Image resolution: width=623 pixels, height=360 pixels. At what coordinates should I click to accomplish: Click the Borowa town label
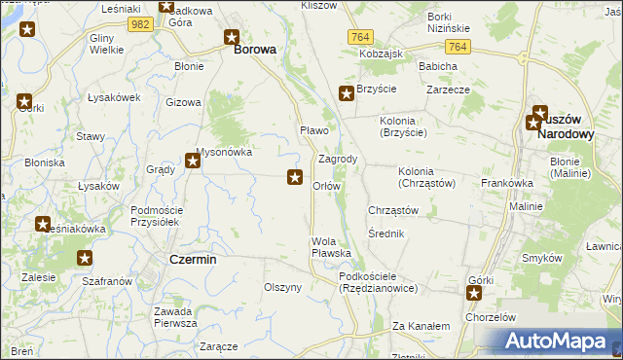[x=254, y=48]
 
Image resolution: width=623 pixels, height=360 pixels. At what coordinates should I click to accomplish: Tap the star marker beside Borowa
[x=232, y=38]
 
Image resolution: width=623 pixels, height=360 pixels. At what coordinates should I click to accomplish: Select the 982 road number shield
[x=141, y=23]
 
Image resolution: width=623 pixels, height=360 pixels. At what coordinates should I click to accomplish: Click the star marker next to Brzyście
[x=346, y=94]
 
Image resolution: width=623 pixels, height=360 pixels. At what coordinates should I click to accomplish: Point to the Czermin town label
[x=193, y=260]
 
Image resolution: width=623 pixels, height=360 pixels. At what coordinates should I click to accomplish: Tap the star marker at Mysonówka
[x=193, y=162]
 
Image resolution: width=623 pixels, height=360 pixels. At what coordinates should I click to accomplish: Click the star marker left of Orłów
[x=294, y=176]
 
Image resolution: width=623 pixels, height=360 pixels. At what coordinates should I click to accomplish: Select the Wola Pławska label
[x=331, y=247]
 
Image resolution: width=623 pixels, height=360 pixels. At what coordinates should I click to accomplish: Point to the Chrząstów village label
[x=393, y=210]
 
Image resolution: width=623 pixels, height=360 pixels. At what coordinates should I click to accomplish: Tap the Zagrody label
[x=338, y=159]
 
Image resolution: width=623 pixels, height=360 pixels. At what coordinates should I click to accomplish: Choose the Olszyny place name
[x=283, y=287]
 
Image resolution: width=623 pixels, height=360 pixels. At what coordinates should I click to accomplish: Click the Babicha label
[x=438, y=66]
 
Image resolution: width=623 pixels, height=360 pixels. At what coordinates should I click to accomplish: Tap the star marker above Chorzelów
[x=474, y=293]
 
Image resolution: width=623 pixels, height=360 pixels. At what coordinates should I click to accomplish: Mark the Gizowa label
[x=183, y=102]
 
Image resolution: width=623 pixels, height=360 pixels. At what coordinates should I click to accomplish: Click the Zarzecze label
[x=448, y=90]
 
